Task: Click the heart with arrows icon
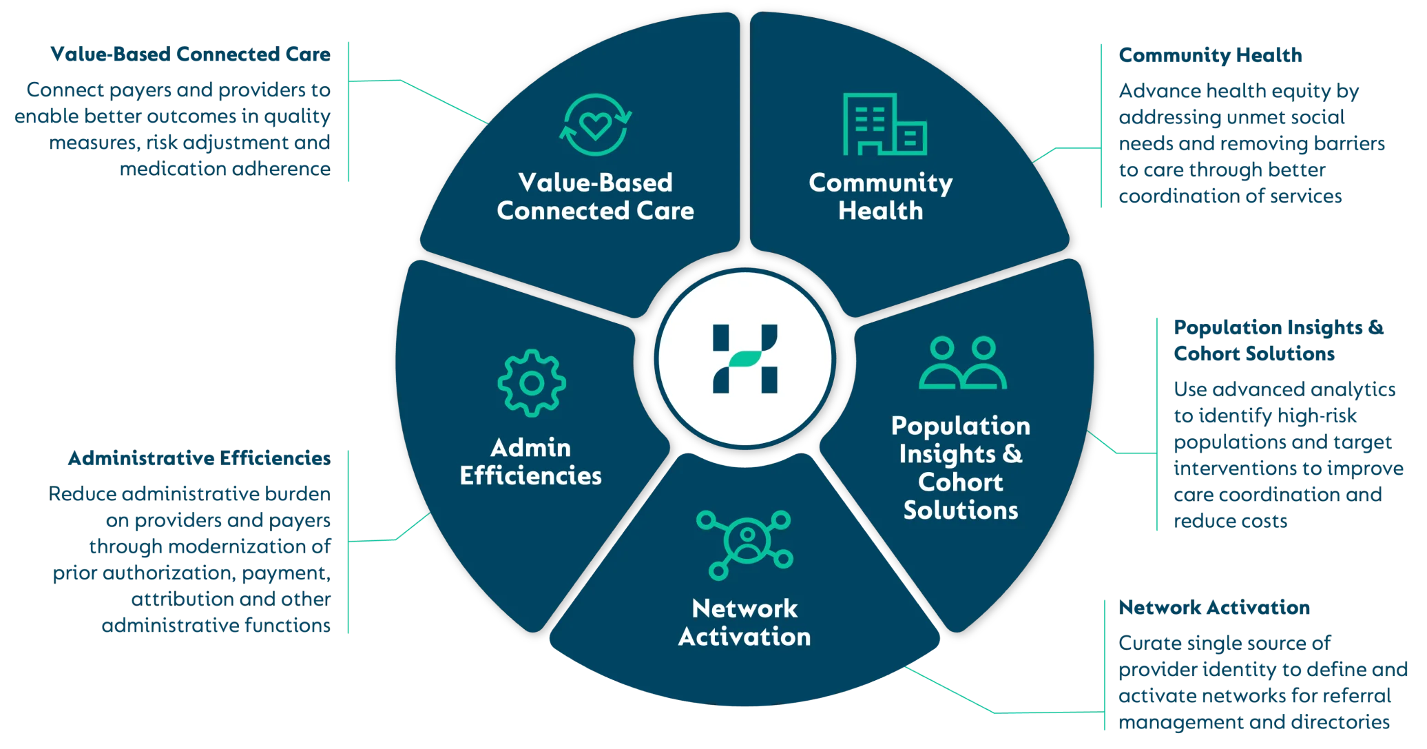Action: coord(595,125)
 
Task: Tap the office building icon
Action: coord(884,124)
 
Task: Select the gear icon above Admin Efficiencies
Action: coord(532,383)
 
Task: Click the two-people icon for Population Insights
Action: coord(962,363)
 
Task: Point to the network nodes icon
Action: coord(744,544)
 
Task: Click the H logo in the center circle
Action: coord(744,359)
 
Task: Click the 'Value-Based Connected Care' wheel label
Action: coord(595,196)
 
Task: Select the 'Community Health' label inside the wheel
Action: coord(881,196)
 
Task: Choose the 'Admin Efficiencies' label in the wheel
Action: coord(530,462)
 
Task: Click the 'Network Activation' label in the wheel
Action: coord(744,623)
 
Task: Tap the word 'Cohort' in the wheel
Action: coord(960,482)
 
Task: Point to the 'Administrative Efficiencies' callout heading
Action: coord(199,459)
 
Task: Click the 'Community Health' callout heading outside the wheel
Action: coord(1211,55)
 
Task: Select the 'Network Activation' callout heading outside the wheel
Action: coord(1214,607)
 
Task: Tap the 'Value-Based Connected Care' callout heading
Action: coord(190,54)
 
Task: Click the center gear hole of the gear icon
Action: coord(532,383)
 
